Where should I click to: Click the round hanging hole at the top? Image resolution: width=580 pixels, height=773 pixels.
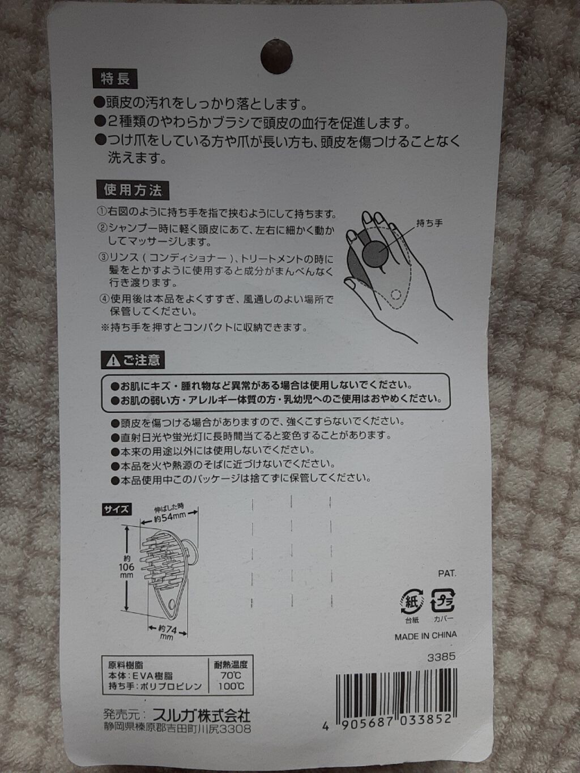276,56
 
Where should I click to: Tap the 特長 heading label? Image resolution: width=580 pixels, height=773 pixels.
115,78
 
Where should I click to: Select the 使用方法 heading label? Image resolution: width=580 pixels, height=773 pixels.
133,190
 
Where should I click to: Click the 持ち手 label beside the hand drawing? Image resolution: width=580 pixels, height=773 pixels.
429,223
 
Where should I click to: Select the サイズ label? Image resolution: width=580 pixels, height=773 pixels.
116,509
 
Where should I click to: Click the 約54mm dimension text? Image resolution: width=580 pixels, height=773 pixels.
170,517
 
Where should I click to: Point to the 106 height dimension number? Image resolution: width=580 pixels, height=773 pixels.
126,567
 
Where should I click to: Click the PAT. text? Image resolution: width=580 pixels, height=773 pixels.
447,573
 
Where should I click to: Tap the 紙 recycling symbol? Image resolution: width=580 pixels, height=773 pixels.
412,601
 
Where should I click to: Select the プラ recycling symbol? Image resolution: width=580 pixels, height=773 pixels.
442,600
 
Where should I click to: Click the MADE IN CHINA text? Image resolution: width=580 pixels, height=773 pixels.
425,635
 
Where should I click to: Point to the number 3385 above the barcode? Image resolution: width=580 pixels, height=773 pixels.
442,657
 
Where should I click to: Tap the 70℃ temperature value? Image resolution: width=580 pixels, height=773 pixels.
231,675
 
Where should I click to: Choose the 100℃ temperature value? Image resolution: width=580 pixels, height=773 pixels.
231,686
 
